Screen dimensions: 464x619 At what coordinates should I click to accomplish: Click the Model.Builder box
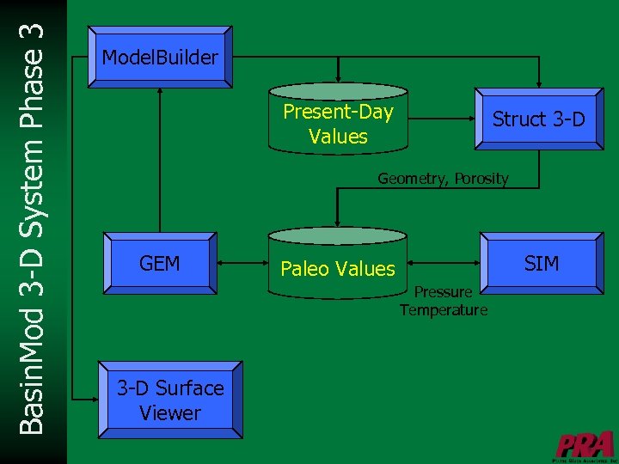160,58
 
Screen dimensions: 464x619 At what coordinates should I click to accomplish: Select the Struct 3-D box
538,119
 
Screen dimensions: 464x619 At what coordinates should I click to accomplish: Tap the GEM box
160,263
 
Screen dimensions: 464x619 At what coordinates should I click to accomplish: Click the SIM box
541,263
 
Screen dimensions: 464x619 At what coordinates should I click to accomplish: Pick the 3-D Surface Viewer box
169,400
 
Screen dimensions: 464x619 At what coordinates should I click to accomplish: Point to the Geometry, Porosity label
443,179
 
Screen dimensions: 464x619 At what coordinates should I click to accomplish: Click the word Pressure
443,292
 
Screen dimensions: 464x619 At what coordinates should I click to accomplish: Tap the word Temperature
443,310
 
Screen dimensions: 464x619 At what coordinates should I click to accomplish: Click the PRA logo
585,445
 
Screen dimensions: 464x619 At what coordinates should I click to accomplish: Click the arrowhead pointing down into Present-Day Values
339,75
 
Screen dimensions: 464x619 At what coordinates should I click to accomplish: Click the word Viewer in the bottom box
169,413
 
